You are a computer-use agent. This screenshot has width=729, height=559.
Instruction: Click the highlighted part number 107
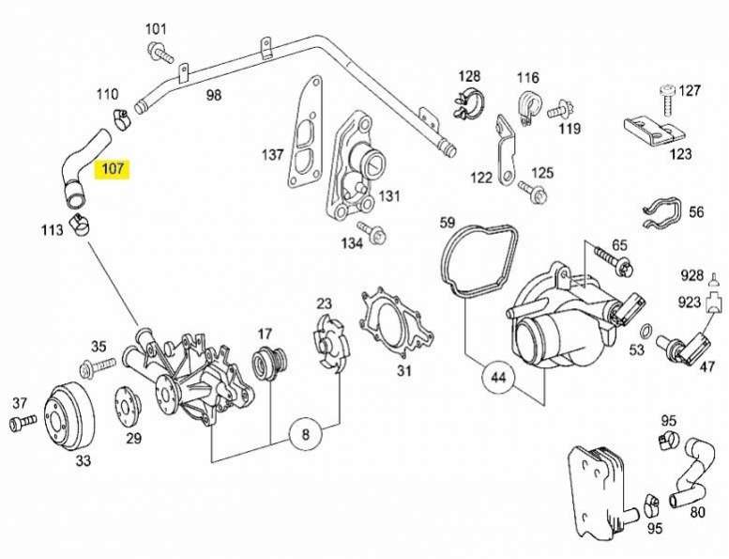coord(114,171)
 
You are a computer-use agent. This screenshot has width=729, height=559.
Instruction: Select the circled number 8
coord(304,435)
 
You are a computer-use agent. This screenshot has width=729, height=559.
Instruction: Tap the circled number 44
coord(498,379)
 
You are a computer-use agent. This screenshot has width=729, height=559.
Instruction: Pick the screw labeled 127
coord(667,97)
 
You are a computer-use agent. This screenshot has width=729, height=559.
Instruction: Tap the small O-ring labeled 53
coord(645,330)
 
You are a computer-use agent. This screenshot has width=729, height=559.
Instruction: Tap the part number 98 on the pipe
coord(214,95)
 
